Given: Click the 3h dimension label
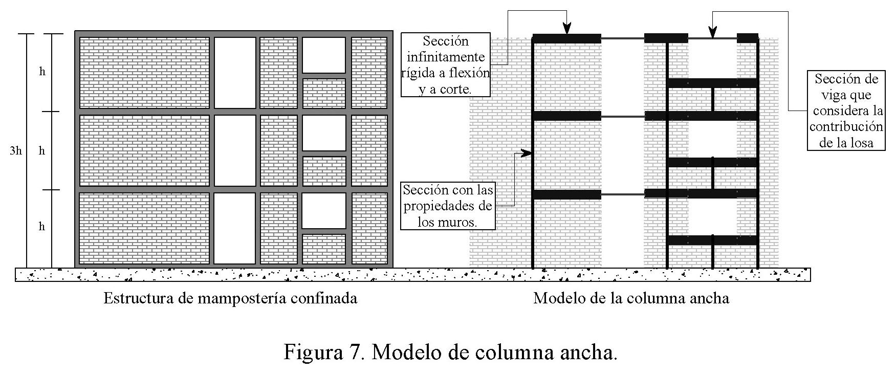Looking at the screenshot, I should [x=15, y=151].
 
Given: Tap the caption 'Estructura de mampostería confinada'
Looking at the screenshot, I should [x=230, y=298].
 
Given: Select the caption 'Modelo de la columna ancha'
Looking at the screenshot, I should [x=631, y=298].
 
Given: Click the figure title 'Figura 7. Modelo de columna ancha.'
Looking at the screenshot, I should [x=450, y=352].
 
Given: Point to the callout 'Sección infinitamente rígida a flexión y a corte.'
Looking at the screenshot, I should [x=445, y=65].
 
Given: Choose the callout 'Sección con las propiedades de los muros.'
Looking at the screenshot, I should [x=448, y=206].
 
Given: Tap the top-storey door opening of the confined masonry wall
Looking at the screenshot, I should [x=235, y=72].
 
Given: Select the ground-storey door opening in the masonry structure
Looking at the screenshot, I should [x=235, y=228].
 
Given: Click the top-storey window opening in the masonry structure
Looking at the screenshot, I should [x=324, y=55].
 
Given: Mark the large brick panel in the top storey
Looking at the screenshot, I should [x=145, y=72].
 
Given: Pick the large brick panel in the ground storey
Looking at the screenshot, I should [x=145, y=228].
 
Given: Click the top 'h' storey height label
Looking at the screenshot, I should [x=42, y=72].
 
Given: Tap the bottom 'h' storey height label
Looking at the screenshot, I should [x=42, y=227].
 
